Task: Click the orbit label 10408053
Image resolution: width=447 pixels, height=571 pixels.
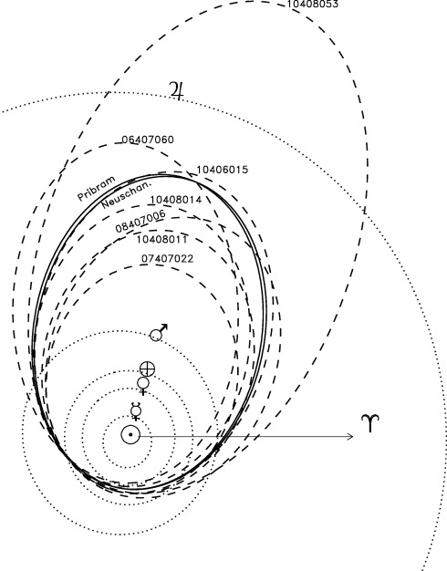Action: (313, 4)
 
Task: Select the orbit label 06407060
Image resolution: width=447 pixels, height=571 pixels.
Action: (148, 140)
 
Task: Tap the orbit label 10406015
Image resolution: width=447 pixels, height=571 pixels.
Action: (223, 170)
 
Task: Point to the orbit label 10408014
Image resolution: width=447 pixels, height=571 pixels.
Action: (175, 200)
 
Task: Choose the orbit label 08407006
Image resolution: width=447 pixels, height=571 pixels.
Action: (140, 222)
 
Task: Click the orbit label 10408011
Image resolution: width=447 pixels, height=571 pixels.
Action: (162, 239)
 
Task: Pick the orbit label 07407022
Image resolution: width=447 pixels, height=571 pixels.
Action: (167, 258)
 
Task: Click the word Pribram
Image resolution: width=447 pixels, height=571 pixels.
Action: (97, 189)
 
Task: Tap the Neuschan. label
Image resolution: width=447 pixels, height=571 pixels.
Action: (126, 195)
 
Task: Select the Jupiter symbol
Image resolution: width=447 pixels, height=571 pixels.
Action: (176, 90)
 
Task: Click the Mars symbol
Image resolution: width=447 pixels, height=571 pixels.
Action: (159, 333)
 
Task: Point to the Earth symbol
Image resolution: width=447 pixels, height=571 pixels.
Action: (147, 369)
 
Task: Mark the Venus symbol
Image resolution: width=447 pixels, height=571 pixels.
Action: (143, 386)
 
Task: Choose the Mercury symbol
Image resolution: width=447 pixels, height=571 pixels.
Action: (136, 411)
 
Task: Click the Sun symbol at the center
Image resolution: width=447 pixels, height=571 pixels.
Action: (130, 434)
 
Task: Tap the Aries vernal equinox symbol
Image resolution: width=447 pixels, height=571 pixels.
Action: (370, 423)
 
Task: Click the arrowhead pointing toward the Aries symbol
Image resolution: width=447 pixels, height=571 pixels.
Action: (350, 436)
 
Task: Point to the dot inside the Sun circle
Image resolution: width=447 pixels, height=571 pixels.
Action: (130, 434)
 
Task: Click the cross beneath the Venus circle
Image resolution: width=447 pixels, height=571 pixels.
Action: (143, 392)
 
